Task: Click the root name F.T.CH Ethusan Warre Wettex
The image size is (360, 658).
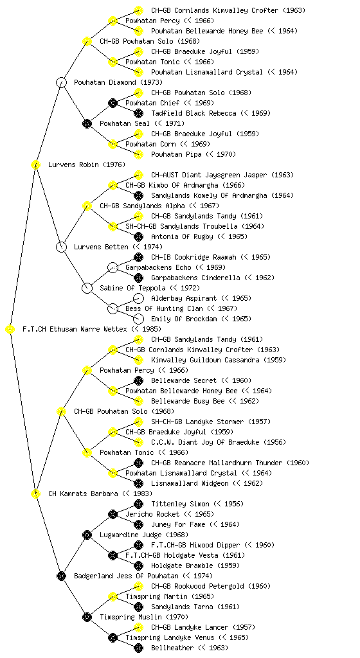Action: pyautogui.click(x=75, y=330)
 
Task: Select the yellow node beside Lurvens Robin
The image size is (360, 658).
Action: pyautogui.click(x=35, y=164)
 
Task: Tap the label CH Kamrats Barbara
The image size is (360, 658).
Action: pyautogui.click(x=83, y=494)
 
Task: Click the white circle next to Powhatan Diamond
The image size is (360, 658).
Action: pyautogui.click(x=61, y=82)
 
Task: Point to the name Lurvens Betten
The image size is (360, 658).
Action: pyautogui.click(x=101, y=247)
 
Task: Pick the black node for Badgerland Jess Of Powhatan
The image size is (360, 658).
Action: pyautogui.click(x=61, y=576)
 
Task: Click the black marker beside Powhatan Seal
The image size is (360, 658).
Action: pyautogui.click(x=87, y=123)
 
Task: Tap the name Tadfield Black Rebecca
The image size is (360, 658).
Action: pyautogui.click(x=194, y=113)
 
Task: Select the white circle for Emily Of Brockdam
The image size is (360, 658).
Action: pyautogui.click(x=138, y=319)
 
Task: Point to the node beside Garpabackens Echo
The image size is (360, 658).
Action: pyautogui.click(x=113, y=267)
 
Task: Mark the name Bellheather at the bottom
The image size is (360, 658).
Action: pyautogui.click(x=172, y=648)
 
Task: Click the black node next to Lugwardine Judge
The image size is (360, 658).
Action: pyautogui.click(x=87, y=535)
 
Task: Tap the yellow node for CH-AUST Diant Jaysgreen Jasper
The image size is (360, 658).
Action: pyautogui.click(x=138, y=175)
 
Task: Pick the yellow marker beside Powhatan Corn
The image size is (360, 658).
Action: pyautogui.click(x=113, y=144)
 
